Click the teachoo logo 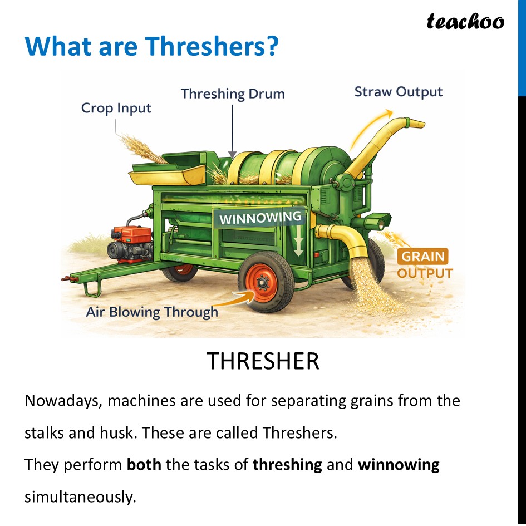click(x=465, y=21)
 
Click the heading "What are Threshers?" click(x=151, y=46)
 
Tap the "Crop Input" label click(x=116, y=107)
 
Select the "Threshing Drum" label click(x=233, y=94)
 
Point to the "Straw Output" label click(x=399, y=92)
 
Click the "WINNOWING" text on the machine click(x=260, y=217)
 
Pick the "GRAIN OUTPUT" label click(x=424, y=264)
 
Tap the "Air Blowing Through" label click(x=152, y=312)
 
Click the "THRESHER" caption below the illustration click(x=263, y=361)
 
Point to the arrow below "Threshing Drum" click(x=233, y=131)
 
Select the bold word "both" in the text click(x=144, y=464)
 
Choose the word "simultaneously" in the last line click(x=80, y=496)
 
